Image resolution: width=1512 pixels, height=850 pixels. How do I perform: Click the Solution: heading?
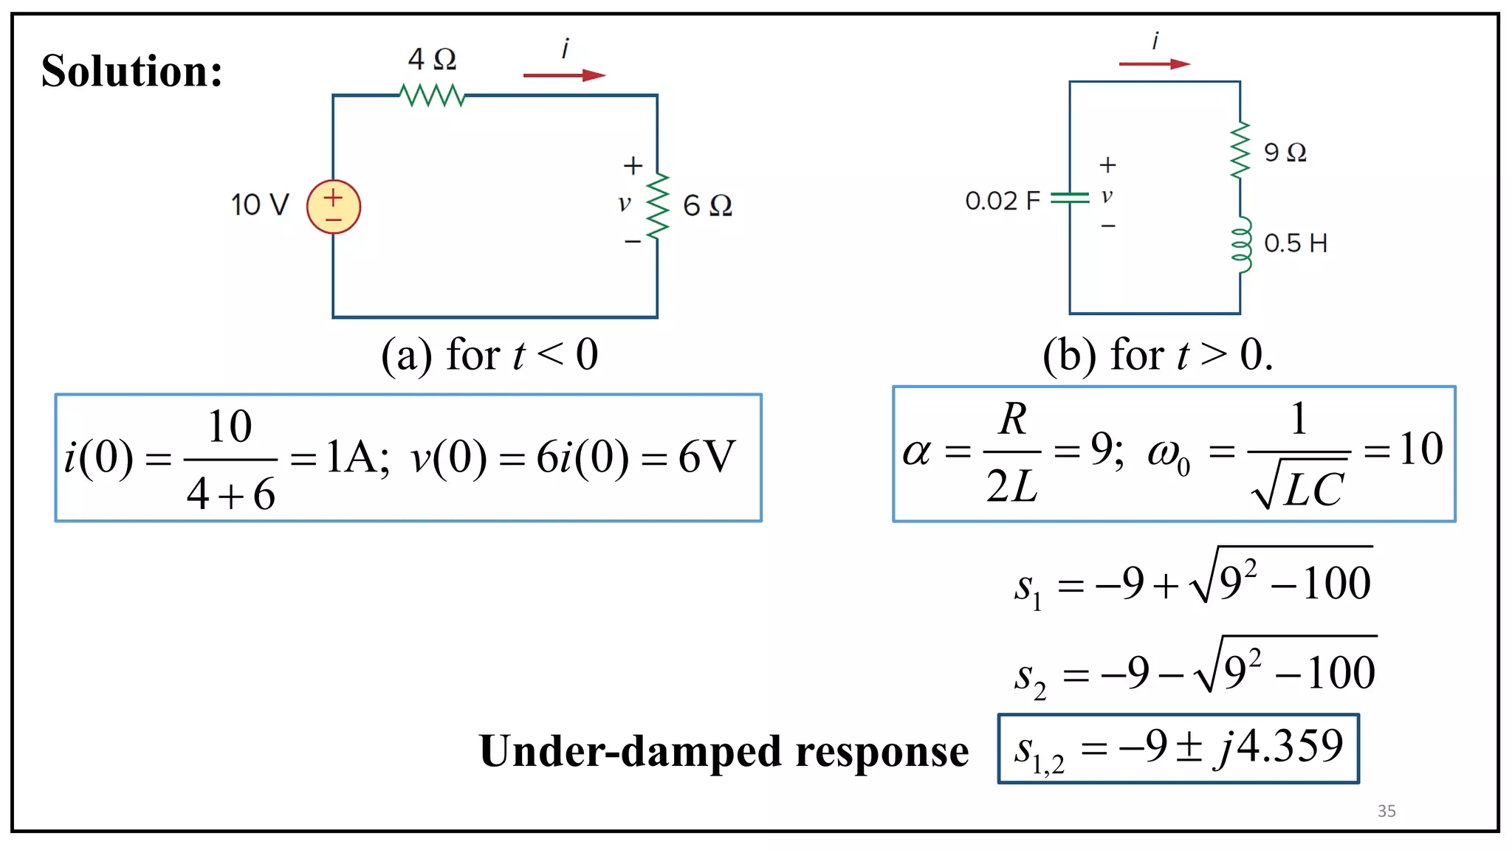pos(131,71)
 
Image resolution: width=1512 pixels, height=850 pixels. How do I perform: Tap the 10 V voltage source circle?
pos(334,207)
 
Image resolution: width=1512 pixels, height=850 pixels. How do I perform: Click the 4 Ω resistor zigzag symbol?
pos(432,95)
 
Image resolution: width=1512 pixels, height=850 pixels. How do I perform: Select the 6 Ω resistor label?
pos(707,205)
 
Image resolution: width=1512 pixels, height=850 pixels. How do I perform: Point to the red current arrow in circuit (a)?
pos(564,75)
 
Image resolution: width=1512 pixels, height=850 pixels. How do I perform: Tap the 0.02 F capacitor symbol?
pos(1069,198)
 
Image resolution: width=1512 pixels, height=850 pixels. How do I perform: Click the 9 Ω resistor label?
pos(1285,153)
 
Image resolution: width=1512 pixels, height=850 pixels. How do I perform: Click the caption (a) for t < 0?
pos(489,355)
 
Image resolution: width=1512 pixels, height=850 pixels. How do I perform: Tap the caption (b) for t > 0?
pos(1157,355)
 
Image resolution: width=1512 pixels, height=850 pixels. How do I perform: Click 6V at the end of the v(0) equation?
pos(707,457)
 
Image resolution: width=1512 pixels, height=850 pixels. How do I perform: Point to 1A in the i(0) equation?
pos(356,457)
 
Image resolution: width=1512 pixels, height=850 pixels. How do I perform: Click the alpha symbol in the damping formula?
pos(916,452)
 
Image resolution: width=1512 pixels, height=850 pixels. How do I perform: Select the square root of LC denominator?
pos(1299,487)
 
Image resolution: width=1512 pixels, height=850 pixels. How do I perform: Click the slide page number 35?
pos(1386,811)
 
